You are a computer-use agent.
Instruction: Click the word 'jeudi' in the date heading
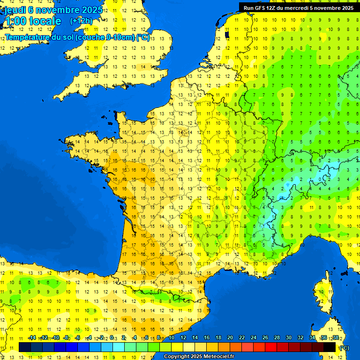click(x=15, y=10)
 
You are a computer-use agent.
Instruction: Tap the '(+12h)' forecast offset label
click(x=82, y=21)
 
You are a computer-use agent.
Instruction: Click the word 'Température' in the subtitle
click(x=29, y=37)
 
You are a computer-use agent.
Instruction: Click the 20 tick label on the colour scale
click(x=230, y=338)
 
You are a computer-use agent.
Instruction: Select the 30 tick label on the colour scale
click(x=288, y=338)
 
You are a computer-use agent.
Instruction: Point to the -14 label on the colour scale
click(x=32, y=338)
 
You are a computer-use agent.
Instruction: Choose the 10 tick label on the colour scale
click(x=172, y=338)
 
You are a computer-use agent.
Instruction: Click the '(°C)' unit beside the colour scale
click(x=345, y=347)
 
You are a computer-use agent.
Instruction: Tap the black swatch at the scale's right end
click(x=330, y=347)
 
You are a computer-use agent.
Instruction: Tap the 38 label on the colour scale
click(x=335, y=338)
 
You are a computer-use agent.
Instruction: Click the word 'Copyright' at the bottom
click(x=177, y=356)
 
